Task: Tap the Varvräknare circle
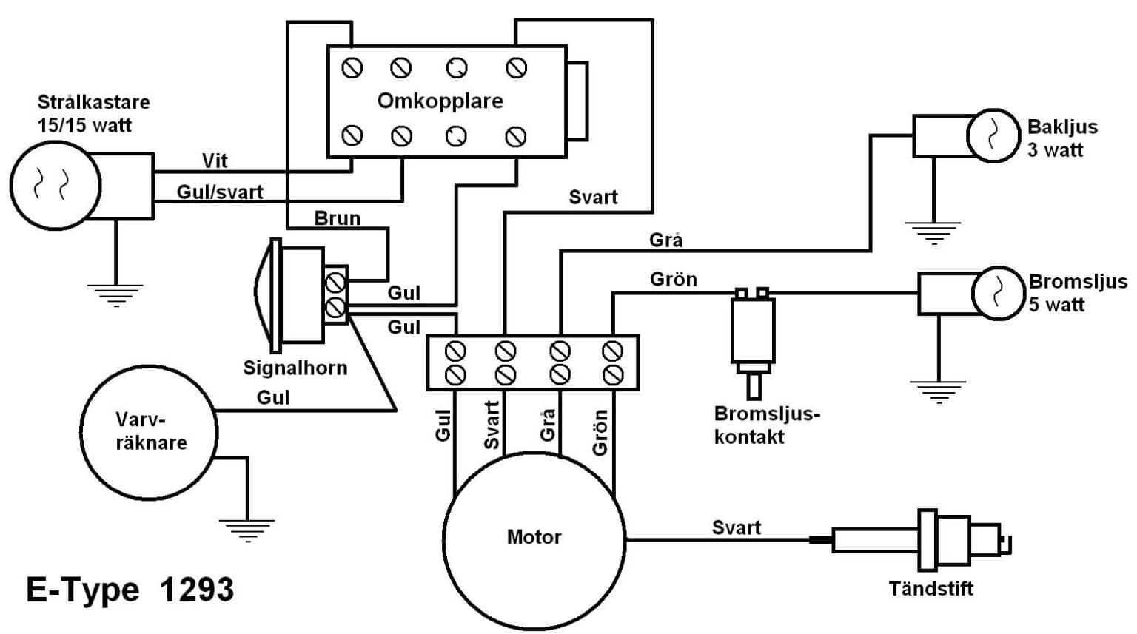[149, 432]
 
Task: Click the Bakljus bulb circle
[993, 135]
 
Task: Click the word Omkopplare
[440, 101]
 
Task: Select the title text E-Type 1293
[130, 590]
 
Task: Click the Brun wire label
[337, 218]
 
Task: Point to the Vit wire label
[215, 161]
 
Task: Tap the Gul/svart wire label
[220, 192]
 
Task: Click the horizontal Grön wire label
[673, 279]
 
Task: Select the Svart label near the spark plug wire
[736, 527]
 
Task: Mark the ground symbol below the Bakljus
[933, 232]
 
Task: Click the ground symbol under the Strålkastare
[115, 294]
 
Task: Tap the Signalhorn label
[295, 368]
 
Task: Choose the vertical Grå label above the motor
[547, 425]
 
